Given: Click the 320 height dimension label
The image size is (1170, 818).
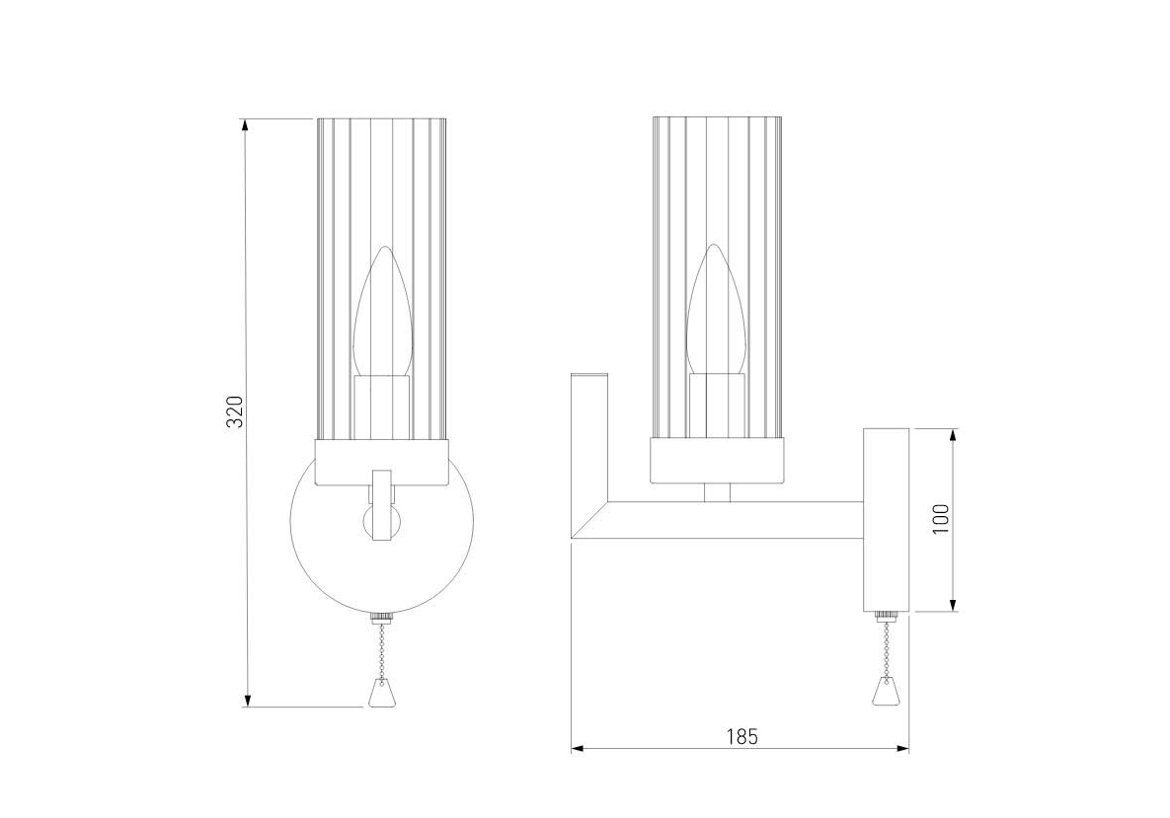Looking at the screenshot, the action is [235, 411].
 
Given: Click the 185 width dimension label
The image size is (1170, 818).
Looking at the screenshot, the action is [741, 737].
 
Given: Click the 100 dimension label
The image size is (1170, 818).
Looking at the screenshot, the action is [941, 519].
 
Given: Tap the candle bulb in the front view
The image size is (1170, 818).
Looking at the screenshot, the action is [382, 313].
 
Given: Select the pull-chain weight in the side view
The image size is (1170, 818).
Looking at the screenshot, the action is [885, 691].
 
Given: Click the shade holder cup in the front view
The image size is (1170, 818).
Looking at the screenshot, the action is [382, 463].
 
